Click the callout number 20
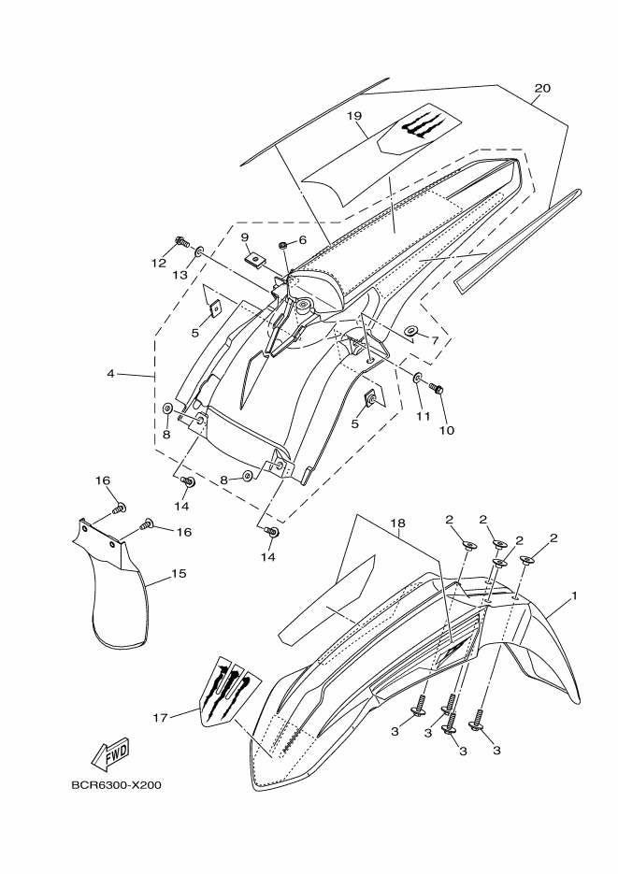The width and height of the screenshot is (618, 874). [x=542, y=89]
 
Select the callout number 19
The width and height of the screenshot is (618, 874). [x=354, y=116]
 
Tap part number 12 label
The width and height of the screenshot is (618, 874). [x=159, y=264]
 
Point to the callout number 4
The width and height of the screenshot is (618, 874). [x=110, y=374]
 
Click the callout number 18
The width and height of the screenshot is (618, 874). [x=401, y=523]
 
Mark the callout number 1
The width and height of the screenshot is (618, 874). [x=574, y=595]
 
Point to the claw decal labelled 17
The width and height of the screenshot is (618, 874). [x=228, y=690]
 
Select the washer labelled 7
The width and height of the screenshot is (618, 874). [x=411, y=332]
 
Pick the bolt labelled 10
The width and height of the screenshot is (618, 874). [x=436, y=386]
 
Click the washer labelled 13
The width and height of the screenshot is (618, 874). [x=200, y=251]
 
